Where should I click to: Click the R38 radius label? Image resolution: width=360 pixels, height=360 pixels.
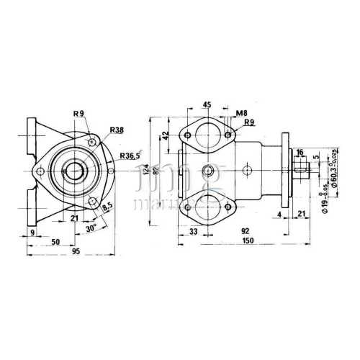(117, 130)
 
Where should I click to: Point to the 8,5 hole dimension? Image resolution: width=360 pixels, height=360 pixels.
(108, 207)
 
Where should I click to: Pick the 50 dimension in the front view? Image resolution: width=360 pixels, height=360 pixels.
(55, 242)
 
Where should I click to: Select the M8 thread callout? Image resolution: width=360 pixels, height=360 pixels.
(242, 112)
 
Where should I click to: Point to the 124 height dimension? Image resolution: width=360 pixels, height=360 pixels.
(146, 170)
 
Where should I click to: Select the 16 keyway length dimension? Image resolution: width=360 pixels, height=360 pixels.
(300, 153)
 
